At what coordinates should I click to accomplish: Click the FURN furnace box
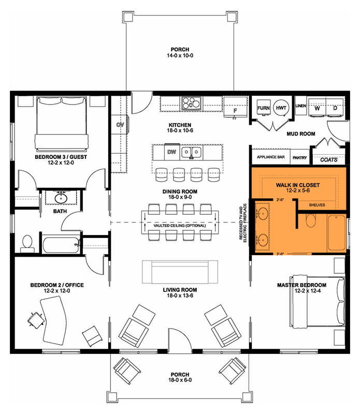pyautogui.click(x=264, y=108)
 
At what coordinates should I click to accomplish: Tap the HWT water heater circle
pyautogui.click(x=282, y=108)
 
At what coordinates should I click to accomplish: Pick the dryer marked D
pyautogui.click(x=335, y=108)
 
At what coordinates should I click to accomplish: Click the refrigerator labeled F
pyautogui.click(x=235, y=110)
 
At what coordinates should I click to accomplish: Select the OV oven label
pyautogui.click(x=119, y=125)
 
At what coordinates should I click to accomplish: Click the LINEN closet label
pyautogui.click(x=300, y=106)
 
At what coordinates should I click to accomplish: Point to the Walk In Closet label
pyautogui.click(x=298, y=185)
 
